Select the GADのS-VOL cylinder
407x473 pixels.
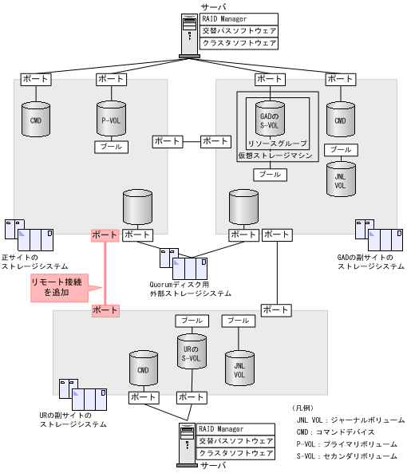tap(269, 119)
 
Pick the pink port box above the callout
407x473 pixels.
tap(105, 235)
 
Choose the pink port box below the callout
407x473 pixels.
tap(105, 309)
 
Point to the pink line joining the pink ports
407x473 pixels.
tap(105, 271)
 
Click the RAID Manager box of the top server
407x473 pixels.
tap(239, 18)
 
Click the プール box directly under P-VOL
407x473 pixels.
tap(110, 147)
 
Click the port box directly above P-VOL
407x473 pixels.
tap(110, 79)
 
